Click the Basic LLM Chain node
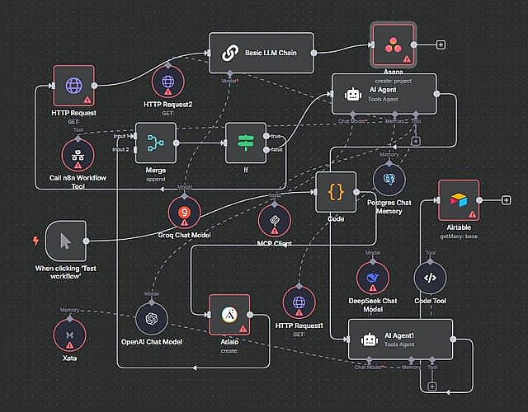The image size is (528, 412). (262, 53)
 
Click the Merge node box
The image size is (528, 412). (156, 143)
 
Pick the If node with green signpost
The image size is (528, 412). (246, 143)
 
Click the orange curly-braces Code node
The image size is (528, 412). (336, 192)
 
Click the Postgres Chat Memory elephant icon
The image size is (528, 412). (389, 178)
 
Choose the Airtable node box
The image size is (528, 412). (459, 200)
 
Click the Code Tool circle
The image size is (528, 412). (430, 278)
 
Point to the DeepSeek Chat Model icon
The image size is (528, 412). (373, 278)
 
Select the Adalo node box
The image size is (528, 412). (229, 316)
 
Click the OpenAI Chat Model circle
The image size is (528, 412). (152, 318)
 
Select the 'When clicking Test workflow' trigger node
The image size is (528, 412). (66, 241)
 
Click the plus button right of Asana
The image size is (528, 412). (441, 44)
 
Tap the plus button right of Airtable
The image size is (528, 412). (507, 200)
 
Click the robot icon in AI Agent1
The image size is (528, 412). (369, 339)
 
